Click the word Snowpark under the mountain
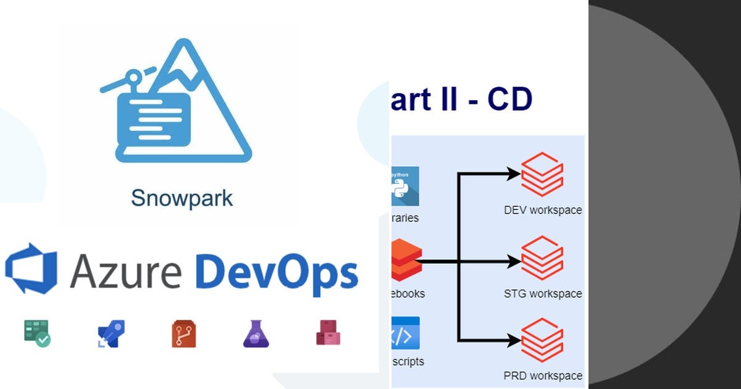click(182, 198)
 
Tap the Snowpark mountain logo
click(176, 102)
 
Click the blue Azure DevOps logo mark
click(31, 268)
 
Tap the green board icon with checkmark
click(36, 333)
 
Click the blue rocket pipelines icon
click(111, 334)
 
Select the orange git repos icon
click(184, 334)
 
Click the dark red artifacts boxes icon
click(329, 333)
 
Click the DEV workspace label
click(543, 210)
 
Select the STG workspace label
click(543, 293)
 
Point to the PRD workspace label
click(543, 375)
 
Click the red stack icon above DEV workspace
click(542, 175)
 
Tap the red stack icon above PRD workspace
click(542, 340)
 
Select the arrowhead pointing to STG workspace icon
click(514, 262)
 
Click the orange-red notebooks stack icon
click(406, 260)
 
